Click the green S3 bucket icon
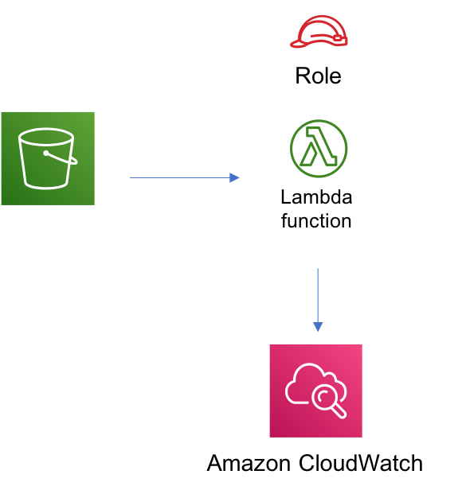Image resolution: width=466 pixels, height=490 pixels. pos(48,158)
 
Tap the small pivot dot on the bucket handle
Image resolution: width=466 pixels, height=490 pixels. pos(46,153)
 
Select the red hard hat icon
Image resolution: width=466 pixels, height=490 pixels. pos(319,32)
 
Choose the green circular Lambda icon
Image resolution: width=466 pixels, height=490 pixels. pos(319,149)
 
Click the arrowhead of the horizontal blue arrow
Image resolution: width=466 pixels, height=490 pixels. pos(234,177)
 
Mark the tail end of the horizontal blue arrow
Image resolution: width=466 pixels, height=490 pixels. pos(131,177)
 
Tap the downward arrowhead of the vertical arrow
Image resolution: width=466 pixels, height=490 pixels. pos(318,326)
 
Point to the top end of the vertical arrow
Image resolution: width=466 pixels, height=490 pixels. pos(318,270)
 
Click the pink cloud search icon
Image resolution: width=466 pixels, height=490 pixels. pos(315,391)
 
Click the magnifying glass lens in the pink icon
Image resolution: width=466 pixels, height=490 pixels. pos(325,397)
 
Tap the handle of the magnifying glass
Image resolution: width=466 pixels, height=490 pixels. pos(339,411)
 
